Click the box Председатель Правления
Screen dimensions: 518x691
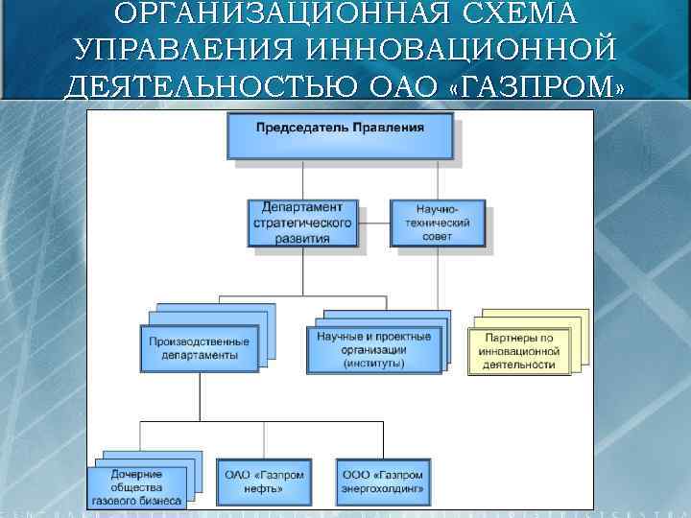(x=341, y=134)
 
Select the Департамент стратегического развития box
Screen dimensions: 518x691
(x=302, y=224)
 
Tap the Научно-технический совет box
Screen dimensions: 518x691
(x=437, y=224)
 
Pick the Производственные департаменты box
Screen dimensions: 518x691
(x=199, y=348)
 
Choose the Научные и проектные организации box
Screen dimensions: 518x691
(x=374, y=349)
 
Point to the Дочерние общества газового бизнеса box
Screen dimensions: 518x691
(x=136, y=487)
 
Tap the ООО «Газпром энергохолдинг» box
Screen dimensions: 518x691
(x=382, y=482)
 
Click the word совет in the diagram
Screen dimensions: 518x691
(x=437, y=236)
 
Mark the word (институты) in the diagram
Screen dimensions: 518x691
(x=374, y=363)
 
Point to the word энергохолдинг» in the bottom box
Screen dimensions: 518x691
(x=382, y=488)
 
